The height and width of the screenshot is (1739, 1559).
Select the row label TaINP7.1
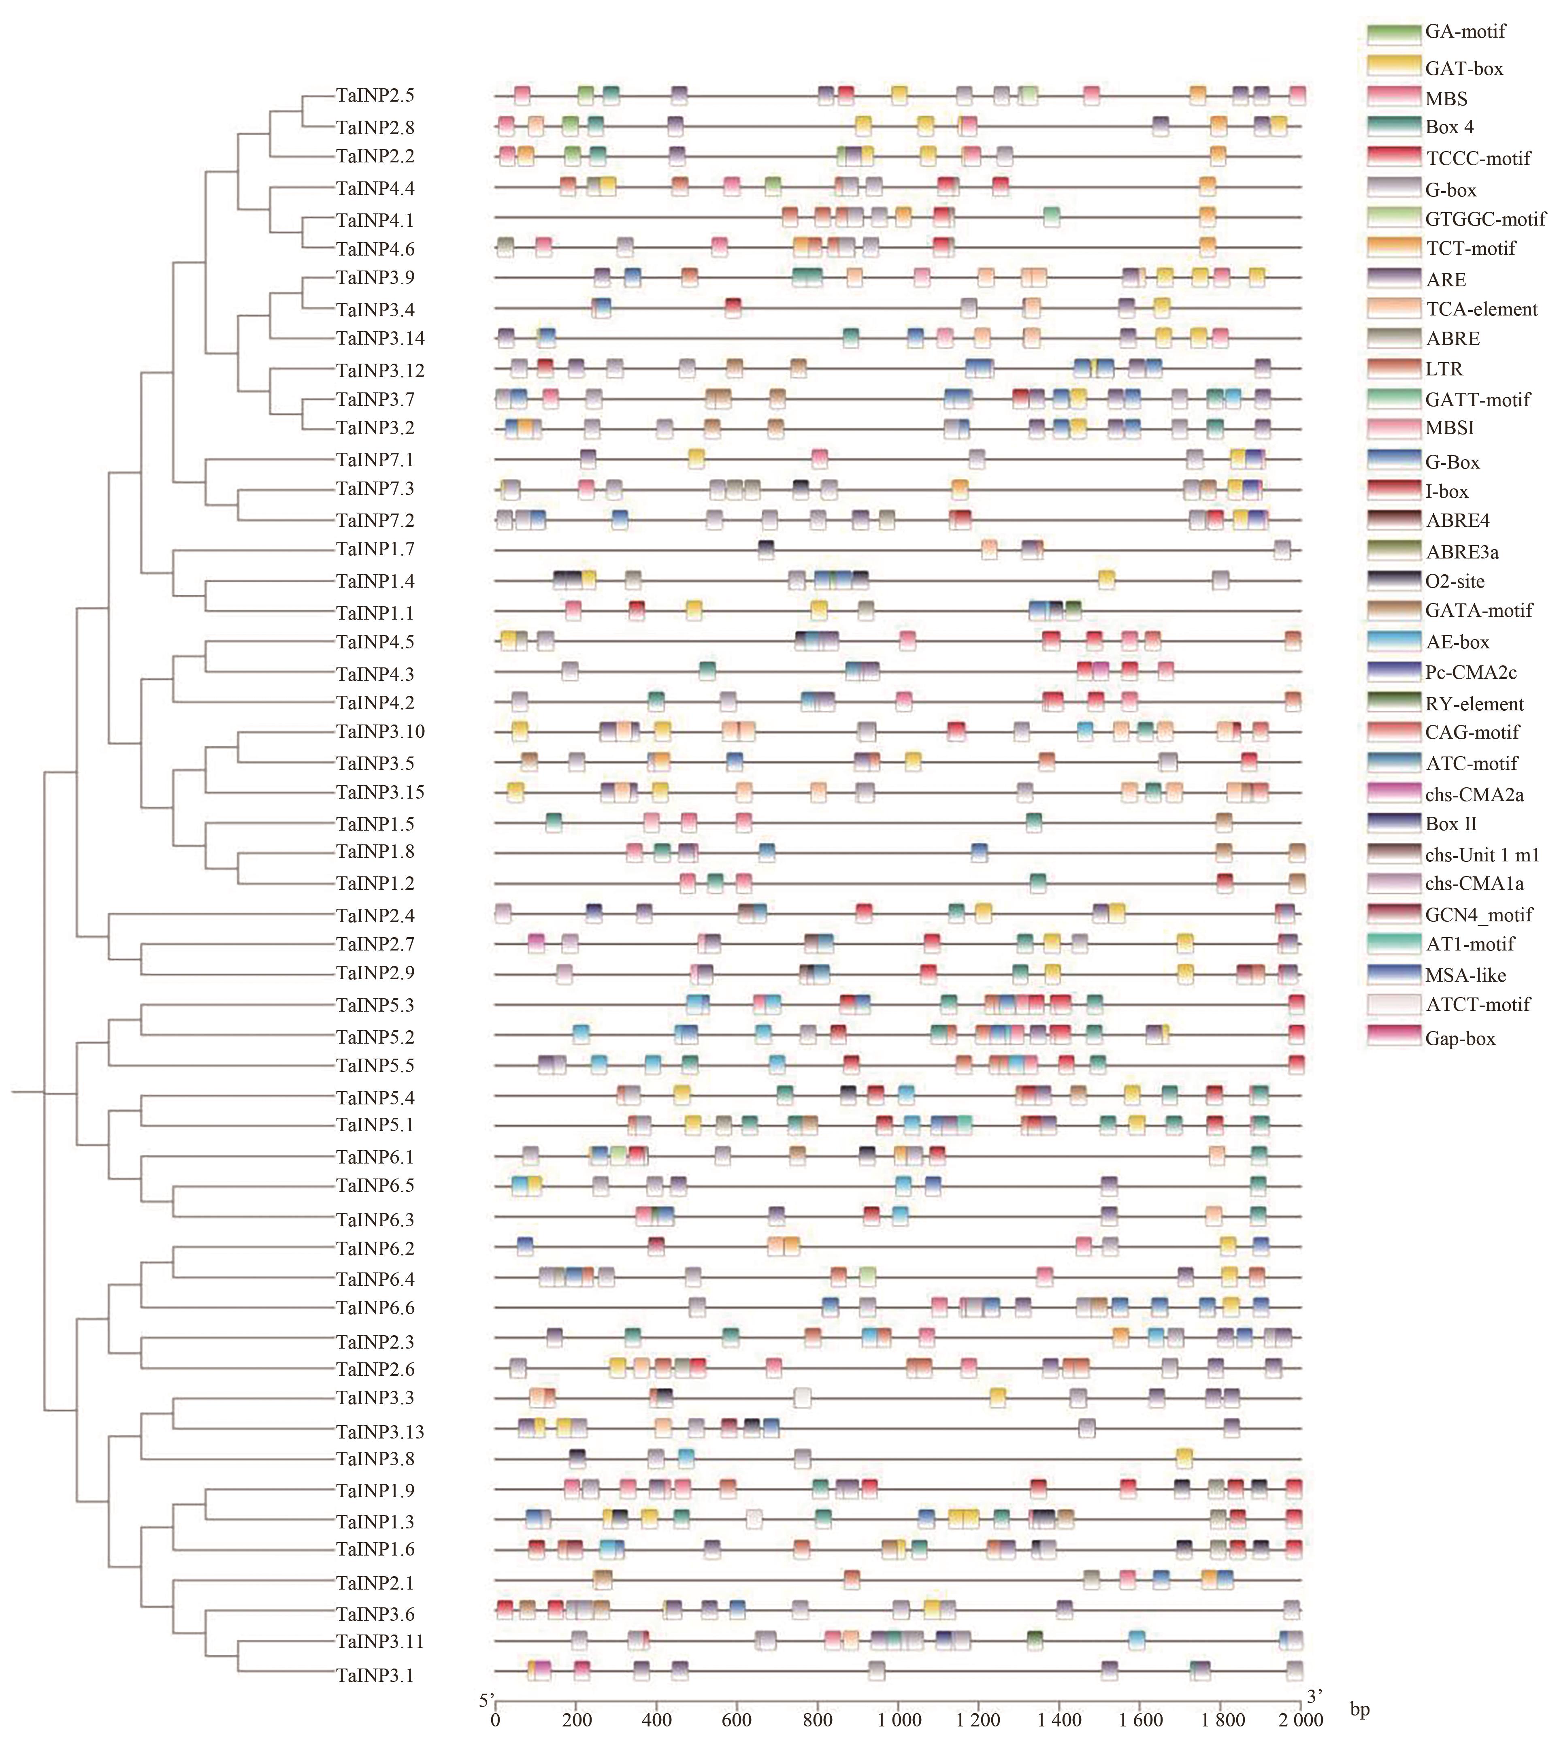(375, 460)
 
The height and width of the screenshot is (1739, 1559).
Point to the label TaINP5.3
(375, 1005)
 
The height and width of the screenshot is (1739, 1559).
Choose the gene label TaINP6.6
(375, 1308)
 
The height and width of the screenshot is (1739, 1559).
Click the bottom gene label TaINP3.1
(375, 1675)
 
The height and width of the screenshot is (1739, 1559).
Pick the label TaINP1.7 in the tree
(375, 549)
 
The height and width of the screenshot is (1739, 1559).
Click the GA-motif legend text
(1465, 32)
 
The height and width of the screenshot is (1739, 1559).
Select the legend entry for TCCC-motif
(1478, 158)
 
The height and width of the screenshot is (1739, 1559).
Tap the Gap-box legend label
(1461, 1038)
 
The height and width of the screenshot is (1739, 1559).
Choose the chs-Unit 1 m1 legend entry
(1482, 854)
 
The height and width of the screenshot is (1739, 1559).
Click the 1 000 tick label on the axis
(898, 1720)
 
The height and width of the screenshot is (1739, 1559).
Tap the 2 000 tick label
(1301, 1720)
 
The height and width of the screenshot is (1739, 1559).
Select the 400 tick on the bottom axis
(656, 1720)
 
